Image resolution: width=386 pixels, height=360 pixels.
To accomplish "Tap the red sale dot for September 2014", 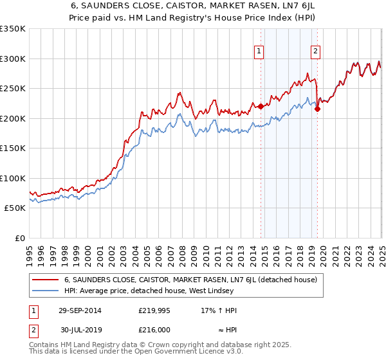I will tap(261, 107).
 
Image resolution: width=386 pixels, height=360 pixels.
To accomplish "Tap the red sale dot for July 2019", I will tap(318, 109).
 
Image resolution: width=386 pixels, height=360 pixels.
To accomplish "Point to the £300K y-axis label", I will tap(12, 59).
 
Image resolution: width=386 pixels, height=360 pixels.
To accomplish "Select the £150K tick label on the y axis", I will tap(12, 148).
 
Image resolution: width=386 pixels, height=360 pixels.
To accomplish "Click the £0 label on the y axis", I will tap(19, 238).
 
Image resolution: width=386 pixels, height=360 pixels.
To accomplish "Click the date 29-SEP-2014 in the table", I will tap(80, 310).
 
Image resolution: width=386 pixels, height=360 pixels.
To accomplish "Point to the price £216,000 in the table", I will tap(154, 328).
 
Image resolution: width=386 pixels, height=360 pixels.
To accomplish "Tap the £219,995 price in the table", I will tap(154, 310).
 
